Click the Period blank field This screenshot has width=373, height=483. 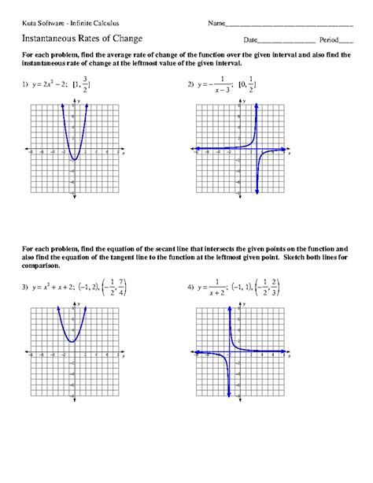click(x=346, y=39)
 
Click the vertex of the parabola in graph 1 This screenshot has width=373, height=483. click(x=75, y=160)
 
